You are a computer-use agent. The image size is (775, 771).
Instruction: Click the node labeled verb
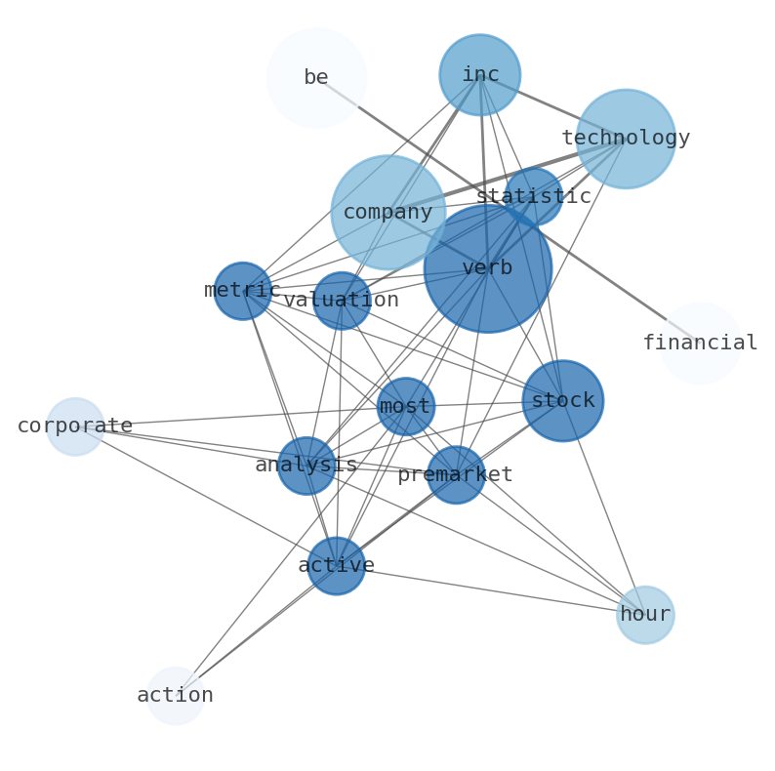point(487,267)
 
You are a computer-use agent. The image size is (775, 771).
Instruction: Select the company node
point(387,212)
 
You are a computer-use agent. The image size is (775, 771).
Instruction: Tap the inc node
point(479,74)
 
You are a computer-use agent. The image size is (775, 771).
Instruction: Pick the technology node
point(625,138)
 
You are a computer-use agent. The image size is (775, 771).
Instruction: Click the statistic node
point(533,196)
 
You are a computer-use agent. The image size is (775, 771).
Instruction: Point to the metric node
point(242,290)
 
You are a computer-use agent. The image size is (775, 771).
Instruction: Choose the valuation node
point(341,300)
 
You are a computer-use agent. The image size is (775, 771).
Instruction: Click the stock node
point(562,400)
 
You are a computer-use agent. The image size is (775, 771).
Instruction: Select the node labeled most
point(405,406)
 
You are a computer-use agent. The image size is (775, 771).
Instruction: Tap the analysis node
point(306,466)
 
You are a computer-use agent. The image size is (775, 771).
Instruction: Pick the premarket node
point(455,474)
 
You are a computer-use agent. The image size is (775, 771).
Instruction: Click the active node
point(336,565)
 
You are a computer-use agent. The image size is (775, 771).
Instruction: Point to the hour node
point(644,614)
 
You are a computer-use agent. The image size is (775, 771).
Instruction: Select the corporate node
point(75,426)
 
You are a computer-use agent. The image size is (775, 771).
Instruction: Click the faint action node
point(175,695)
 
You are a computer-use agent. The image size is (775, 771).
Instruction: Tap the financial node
point(700,343)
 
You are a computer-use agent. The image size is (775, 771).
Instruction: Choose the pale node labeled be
point(315,77)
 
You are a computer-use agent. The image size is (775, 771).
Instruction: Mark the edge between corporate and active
point(205,496)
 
